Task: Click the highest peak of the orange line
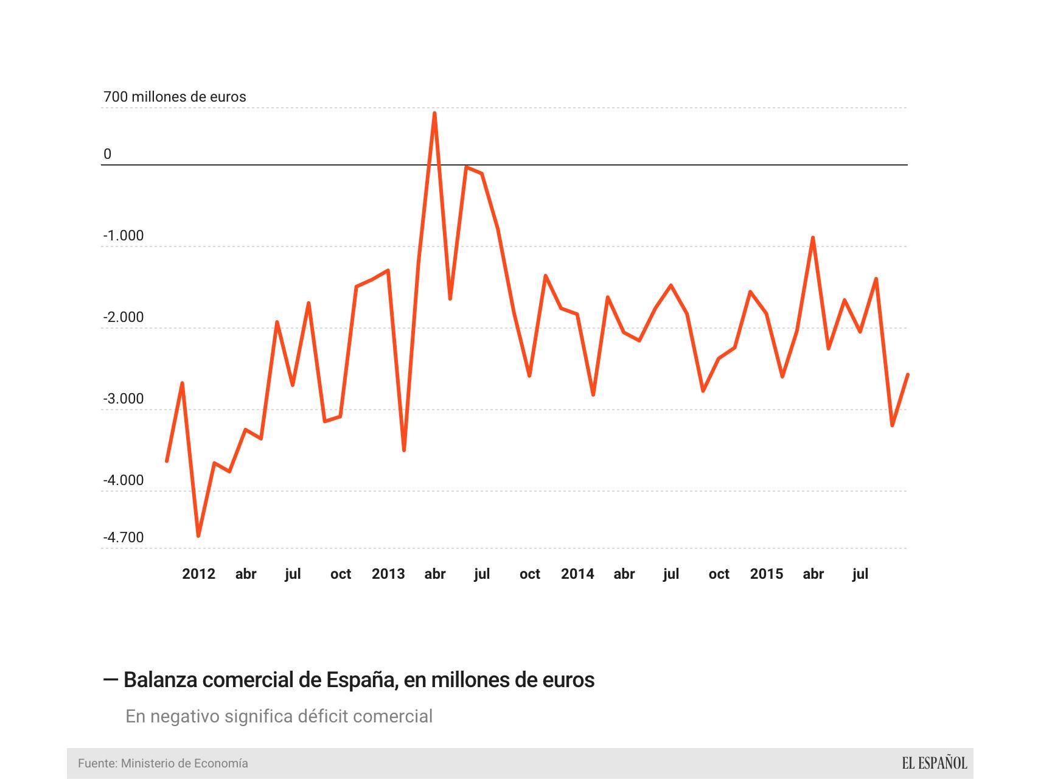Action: [x=434, y=113]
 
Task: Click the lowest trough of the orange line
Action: [x=198, y=536]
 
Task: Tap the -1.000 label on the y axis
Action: [x=124, y=236]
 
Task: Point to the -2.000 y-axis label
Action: [x=124, y=318]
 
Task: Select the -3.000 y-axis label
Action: [x=124, y=399]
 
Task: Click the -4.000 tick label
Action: [x=124, y=481]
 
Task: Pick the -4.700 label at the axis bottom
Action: [x=124, y=538]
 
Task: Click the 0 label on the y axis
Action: [x=108, y=155]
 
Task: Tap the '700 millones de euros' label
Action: [x=175, y=97]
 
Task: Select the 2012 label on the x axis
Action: [x=198, y=574]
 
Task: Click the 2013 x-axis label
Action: [x=388, y=574]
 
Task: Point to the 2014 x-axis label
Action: [x=577, y=574]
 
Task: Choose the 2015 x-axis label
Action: [x=767, y=574]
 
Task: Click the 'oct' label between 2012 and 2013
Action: [x=341, y=574]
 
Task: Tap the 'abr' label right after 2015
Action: [x=813, y=574]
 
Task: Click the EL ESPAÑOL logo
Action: [x=934, y=763]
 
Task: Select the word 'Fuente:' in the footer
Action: [x=97, y=763]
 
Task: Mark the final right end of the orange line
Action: [x=908, y=374]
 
